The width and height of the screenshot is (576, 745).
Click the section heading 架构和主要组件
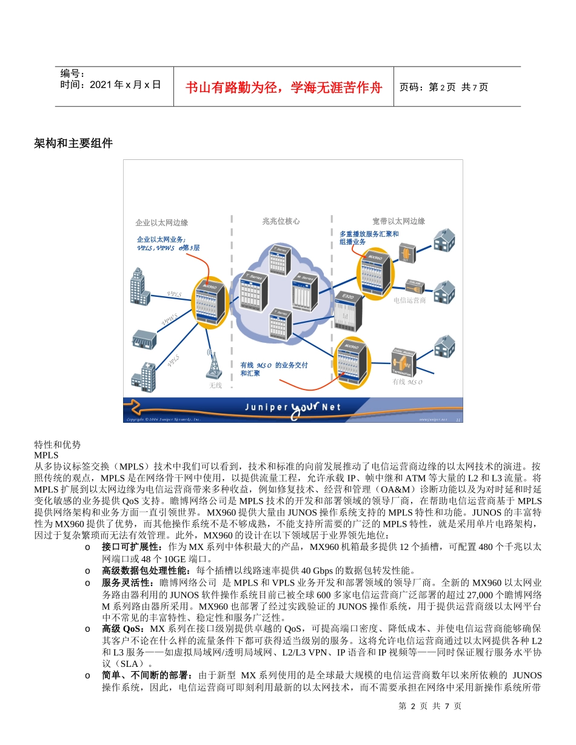pos(73,144)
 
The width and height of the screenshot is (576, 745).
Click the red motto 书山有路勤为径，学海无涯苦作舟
pos(284,87)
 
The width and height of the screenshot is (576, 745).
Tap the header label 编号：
pos(73,73)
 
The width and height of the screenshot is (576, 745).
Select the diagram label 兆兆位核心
pos(281,222)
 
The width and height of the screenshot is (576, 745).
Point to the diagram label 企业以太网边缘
pos(161,222)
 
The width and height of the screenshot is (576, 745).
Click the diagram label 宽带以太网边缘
pos(398,222)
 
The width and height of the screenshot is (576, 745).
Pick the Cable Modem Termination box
pos(403,363)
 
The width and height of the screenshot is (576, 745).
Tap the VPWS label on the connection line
pos(170,319)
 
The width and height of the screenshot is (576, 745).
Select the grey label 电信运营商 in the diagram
pos(409,300)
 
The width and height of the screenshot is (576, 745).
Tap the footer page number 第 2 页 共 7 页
pos(430,706)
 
